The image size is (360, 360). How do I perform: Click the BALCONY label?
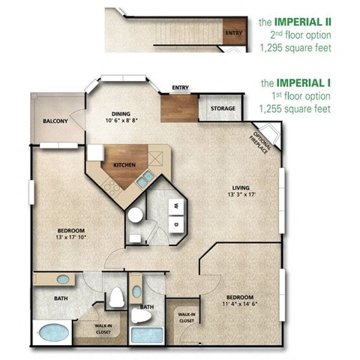[55, 121]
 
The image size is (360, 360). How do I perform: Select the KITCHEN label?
[124, 164]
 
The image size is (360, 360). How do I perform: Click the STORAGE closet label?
[223, 109]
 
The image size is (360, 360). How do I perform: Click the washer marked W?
[176, 203]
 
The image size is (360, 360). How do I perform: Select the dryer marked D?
[175, 223]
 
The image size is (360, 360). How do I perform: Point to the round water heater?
[135, 215]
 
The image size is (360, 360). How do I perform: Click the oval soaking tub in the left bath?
[52, 331]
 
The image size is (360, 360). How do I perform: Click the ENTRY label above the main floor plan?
[180, 88]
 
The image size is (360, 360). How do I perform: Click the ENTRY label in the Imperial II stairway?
[234, 33]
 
